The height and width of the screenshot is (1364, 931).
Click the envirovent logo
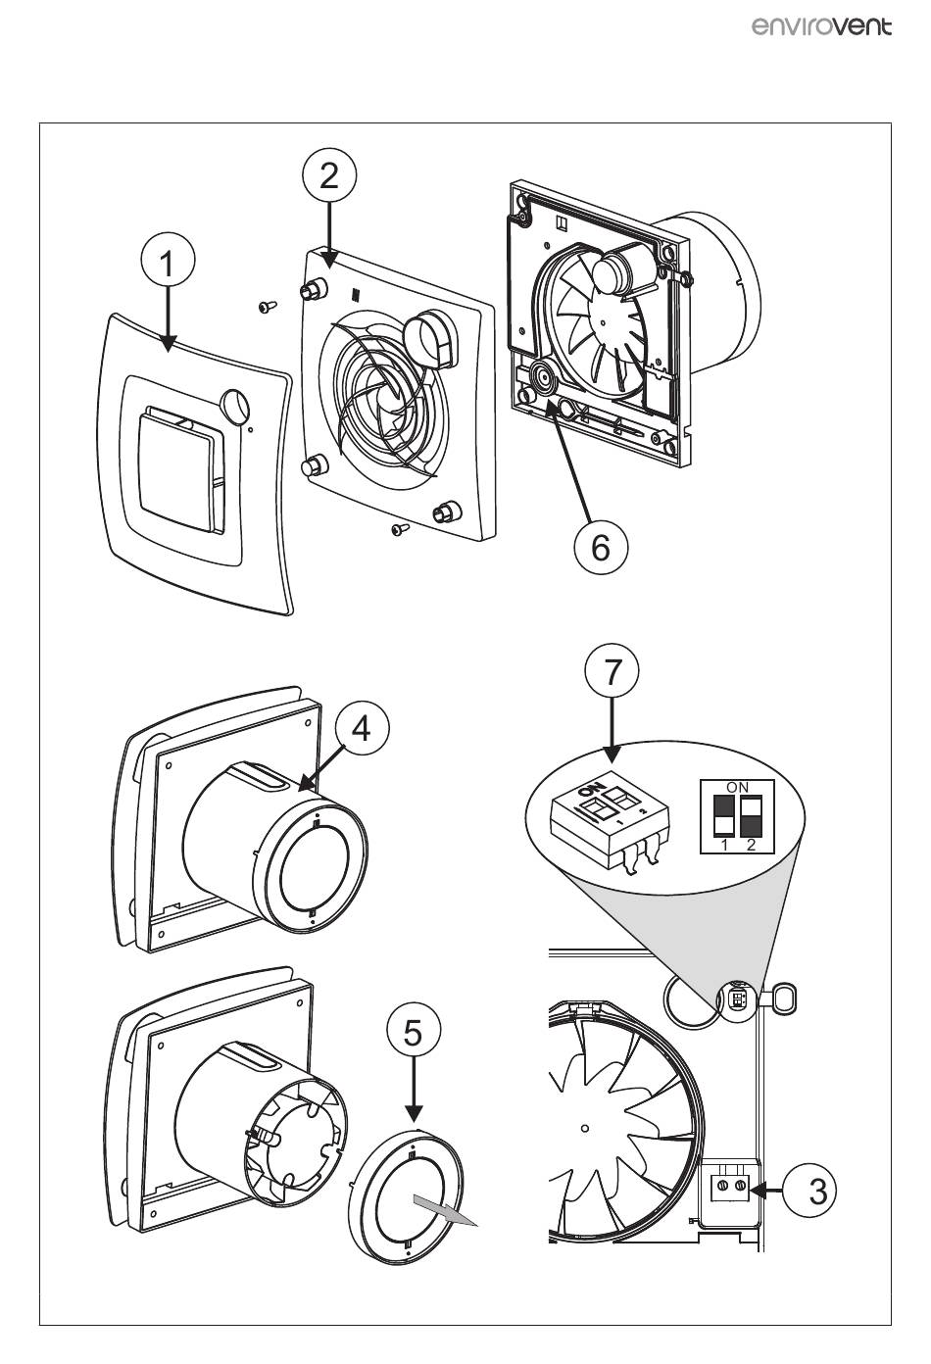(x=822, y=26)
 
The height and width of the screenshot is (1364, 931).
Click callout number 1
(x=168, y=264)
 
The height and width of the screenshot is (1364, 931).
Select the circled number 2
(x=329, y=175)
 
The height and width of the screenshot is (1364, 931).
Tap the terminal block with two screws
(x=731, y=1188)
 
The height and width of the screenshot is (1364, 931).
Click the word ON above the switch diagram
(x=737, y=787)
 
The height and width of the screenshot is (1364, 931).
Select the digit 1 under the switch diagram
(x=724, y=845)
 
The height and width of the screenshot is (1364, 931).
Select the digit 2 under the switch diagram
(x=750, y=845)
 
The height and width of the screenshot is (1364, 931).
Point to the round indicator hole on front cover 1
(x=235, y=406)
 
